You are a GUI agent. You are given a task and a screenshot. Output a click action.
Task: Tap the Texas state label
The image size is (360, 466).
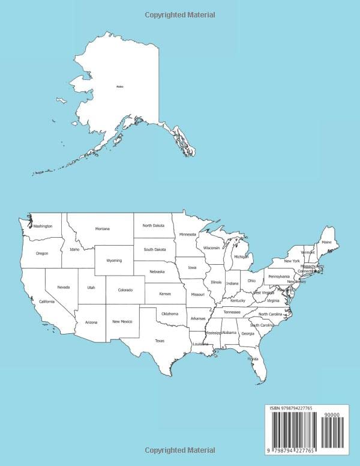point(160,340)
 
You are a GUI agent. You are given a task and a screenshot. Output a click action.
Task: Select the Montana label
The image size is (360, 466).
point(103,229)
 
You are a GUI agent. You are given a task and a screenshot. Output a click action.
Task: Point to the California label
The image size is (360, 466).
point(47,301)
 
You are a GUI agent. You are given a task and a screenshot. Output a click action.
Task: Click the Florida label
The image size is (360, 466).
point(253,359)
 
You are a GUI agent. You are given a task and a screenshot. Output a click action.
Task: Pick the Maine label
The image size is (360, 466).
point(326,242)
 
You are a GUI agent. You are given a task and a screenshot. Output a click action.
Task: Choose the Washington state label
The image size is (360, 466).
point(43,226)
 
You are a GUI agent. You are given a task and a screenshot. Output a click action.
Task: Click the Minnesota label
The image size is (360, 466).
point(188,234)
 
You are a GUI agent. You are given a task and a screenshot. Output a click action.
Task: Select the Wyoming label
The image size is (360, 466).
point(114,261)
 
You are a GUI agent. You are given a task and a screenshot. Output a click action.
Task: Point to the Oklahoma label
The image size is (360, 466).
point(170,313)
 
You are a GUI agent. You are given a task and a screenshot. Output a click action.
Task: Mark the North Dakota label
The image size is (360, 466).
point(153,226)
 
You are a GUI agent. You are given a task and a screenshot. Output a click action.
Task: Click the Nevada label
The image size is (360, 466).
point(64,288)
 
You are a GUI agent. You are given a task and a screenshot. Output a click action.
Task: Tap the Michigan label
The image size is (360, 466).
point(241,257)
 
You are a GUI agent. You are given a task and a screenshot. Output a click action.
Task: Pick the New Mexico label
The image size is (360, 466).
point(122,322)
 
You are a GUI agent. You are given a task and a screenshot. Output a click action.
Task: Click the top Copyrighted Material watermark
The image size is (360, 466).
point(180,15)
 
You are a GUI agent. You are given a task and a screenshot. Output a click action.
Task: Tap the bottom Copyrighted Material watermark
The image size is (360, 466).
point(180,450)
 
